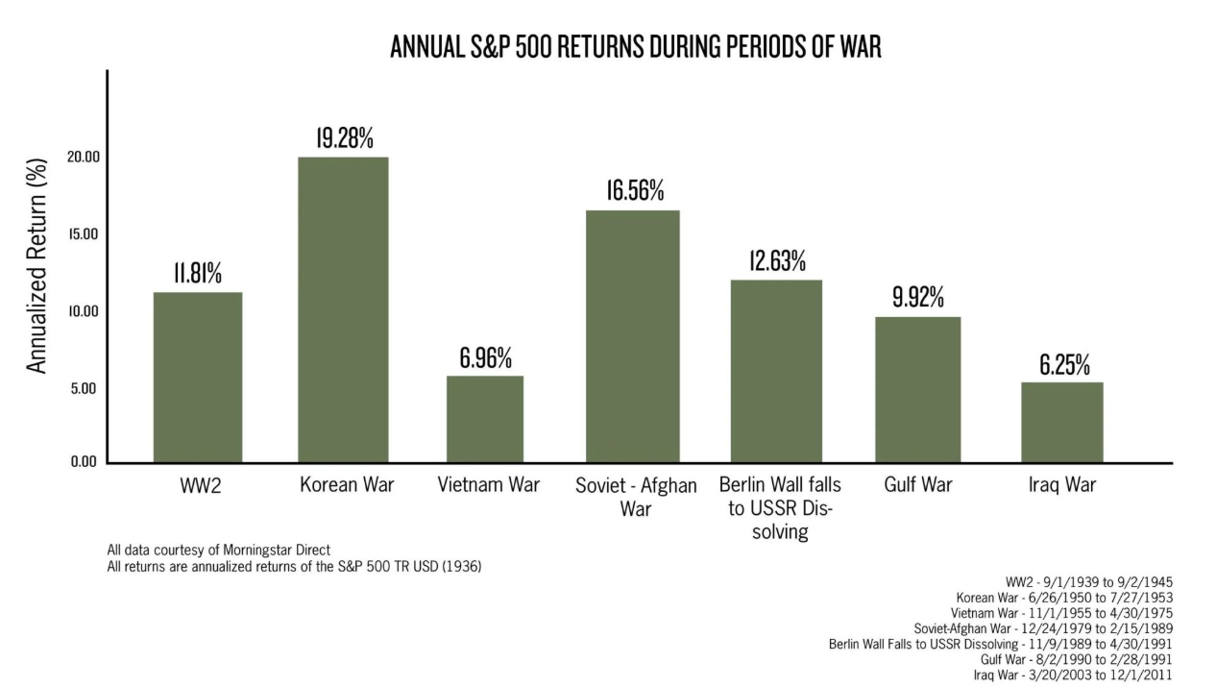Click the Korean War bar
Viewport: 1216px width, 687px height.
pos(343,309)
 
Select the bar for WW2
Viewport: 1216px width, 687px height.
pos(198,377)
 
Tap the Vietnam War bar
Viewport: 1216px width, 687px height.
pos(485,419)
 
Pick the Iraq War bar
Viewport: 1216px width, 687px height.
pos(1061,422)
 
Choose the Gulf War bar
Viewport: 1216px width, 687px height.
pos(918,389)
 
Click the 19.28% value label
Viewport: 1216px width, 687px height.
pos(345,137)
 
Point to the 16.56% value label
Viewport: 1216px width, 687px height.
pos(634,190)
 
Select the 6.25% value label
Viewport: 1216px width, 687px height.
pos(1063,365)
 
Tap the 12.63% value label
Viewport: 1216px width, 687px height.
pos(777,260)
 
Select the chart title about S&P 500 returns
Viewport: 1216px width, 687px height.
pos(635,47)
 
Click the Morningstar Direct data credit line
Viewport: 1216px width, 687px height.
pos(218,551)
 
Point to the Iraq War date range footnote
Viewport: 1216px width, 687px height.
pos(1073,675)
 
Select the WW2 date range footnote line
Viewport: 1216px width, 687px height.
pos(1088,582)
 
